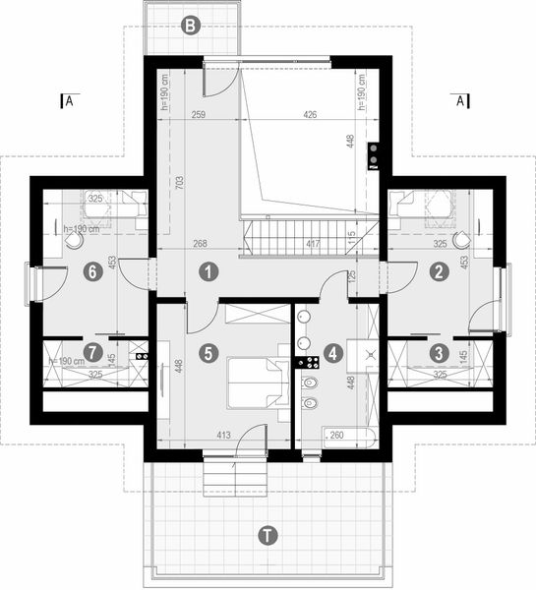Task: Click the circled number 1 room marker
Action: pyautogui.click(x=208, y=269)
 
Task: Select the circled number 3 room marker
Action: pyautogui.click(x=440, y=350)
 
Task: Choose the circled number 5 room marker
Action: pyautogui.click(x=208, y=350)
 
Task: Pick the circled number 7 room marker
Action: pyautogui.click(x=92, y=350)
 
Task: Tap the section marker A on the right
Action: pyautogui.click(x=460, y=100)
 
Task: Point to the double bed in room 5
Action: pyautogui.click(x=257, y=382)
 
